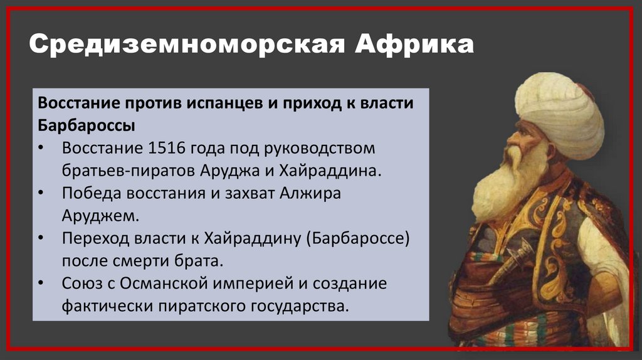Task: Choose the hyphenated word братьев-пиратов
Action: (129, 171)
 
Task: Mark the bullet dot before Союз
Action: (41, 283)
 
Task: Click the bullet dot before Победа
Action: (41, 193)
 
